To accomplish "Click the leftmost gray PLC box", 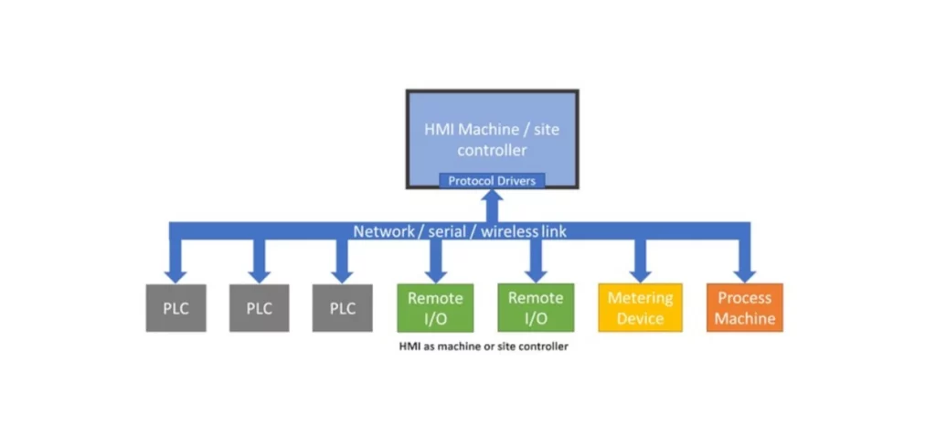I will coord(175,308).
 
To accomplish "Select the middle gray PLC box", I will coord(259,308).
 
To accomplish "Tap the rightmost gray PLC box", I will coord(342,308).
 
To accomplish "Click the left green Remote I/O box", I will coord(435,308).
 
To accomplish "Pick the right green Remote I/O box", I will coord(536,308).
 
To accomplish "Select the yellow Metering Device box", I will coord(640,308).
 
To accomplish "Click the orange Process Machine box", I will coord(745,308).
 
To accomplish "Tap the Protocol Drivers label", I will coord(492,181).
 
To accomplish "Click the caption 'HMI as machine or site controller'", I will coord(484,347).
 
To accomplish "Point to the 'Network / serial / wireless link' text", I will coord(460,231).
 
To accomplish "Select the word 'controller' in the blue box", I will coord(492,149).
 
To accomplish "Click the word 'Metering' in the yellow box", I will coord(640,298).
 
